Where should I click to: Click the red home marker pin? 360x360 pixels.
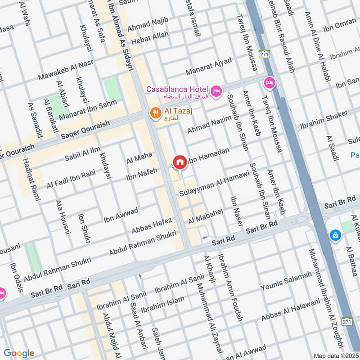(180, 162)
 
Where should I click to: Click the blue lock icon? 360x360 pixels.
(335, 235)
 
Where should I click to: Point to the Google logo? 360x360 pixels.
(19, 353)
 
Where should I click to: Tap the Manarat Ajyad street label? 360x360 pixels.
(210, 67)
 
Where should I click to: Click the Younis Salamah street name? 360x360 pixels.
(286, 281)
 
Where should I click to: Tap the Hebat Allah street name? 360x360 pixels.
(148, 37)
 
